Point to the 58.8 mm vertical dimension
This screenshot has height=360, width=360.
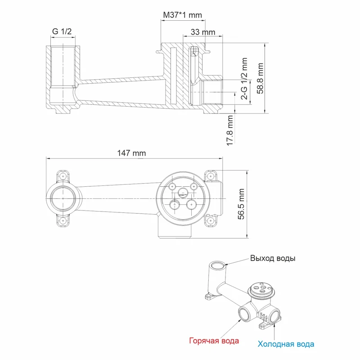(260, 78)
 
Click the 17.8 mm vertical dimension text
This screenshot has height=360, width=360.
(230, 130)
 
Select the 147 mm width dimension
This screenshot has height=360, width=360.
(131, 153)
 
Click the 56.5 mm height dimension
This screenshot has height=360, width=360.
(242, 204)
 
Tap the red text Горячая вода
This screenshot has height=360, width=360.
(213, 341)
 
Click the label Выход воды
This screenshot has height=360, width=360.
(273, 259)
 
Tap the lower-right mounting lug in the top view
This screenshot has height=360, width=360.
(209, 220)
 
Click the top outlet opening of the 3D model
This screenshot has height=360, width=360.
(218, 265)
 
